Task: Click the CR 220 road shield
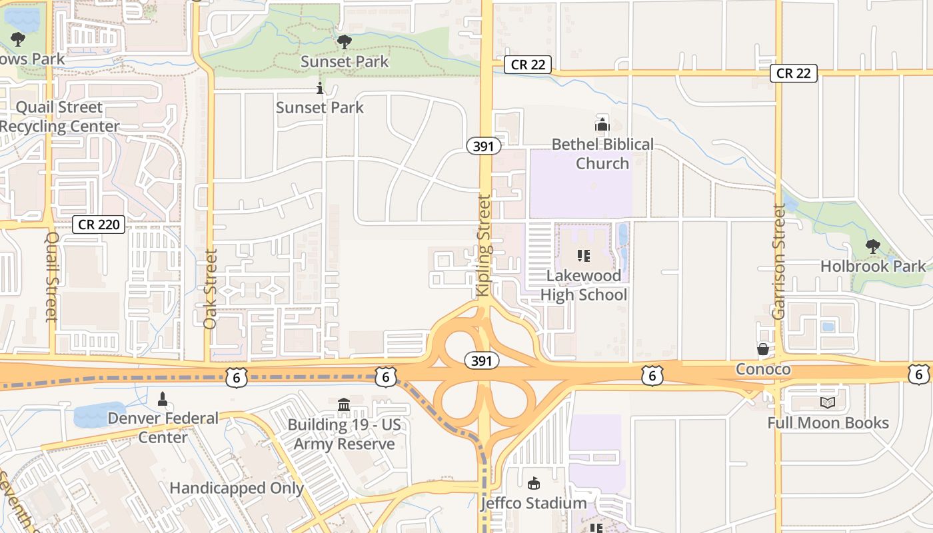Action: pyautogui.click(x=99, y=225)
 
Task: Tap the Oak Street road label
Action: pyautogui.click(x=211, y=288)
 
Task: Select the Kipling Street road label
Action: pyautogui.click(x=484, y=245)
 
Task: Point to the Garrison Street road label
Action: pyautogui.click(x=778, y=261)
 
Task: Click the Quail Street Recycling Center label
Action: pyautogui.click(x=60, y=117)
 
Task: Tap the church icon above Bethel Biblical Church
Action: pyautogui.click(x=602, y=124)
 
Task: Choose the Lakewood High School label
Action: pyautogui.click(x=584, y=285)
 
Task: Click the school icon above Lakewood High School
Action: pyautogui.click(x=584, y=255)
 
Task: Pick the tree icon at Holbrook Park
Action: pyautogui.click(x=872, y=247)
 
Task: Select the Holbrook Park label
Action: pyautogui.click(x=873, y=266)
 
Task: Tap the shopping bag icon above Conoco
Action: pyautogui.click(x=763, y=349)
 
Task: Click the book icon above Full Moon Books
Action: pyautogui.click(x=828, y=402)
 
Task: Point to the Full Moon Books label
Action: pyautogui.click(x=828, y=423)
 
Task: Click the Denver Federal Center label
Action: pyautogui.click(x=163, y=428)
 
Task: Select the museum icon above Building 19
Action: pyautogui.click(x=344, y=404)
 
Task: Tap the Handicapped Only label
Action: pyautogui.click(x=237, y=488)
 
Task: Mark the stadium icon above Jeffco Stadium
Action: pyautogui.click(x=533, y=483)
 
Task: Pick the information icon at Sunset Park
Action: pyautogui.click(x=320, y=88)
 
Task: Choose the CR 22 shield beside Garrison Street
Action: pyautogui.click(x=794, y=73)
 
